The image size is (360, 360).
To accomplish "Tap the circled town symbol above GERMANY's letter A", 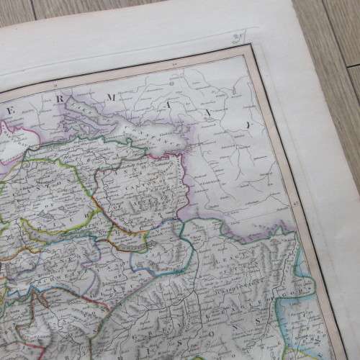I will pos(173,81).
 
